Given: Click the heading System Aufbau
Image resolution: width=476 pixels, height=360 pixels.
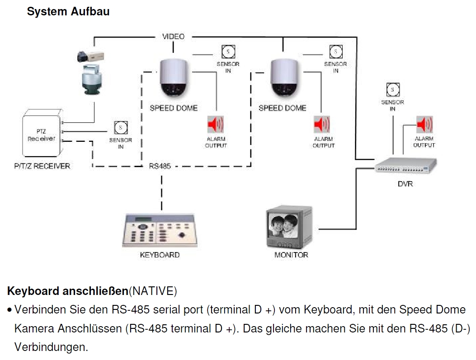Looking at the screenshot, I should pyautogui.click(x=68, y=12).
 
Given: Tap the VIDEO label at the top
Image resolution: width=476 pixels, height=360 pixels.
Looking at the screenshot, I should pyautogui.click(x=174, y=36).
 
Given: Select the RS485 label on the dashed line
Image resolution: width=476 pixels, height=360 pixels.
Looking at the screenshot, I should pyautogui.click(x=160, y=166).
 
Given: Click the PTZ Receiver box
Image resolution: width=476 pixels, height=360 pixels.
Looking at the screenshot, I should pyautogui.click(x=42, y=135).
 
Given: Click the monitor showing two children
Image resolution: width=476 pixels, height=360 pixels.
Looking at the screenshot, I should pyautogui.click(x=289, y=228).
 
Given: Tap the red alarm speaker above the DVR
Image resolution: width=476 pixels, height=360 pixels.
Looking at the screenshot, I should pyautogui.click(x=424, y=124).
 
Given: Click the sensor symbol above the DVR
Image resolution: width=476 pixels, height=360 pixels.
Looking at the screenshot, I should pyautogui.click(x=392, y=90).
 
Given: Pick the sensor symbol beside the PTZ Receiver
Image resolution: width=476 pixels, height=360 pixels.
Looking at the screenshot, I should pyautogui.click(x=121, y=128).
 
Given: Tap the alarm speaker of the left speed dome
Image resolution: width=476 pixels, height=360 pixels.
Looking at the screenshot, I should pyautogui.click(x=216, y=124).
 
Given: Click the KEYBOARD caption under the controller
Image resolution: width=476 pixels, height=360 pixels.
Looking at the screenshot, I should pyautogui.click(x=160, y=255).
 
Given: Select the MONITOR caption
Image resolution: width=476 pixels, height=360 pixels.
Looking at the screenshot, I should pyautogui.click(x=291, y=255).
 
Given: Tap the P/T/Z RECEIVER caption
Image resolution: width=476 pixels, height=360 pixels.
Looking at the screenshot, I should pyautogui.click(x=42, y=166).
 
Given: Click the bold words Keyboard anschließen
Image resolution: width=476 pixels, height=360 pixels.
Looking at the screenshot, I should pyautogui.click(x=68, y=290).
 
